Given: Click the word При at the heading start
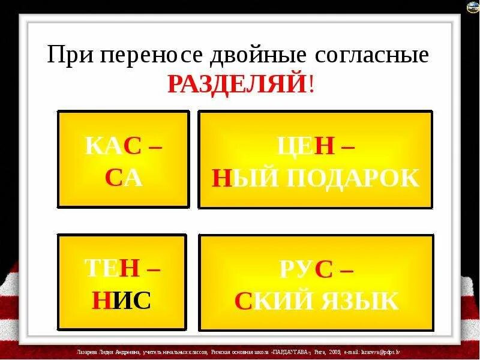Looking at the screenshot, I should (73, 56).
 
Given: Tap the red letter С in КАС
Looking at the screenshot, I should (133, 148).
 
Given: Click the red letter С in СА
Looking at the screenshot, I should (114, 178).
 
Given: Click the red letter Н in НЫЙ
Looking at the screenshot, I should (221, 178).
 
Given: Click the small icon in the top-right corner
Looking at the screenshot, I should (472, 7).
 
